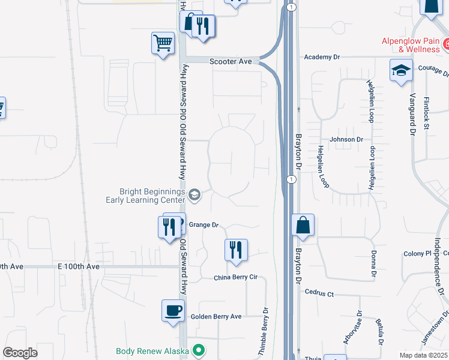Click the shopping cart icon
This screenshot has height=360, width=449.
(163, 43)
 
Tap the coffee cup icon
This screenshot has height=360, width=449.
(173, 311)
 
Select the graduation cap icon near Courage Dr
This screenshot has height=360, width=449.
(401, 71)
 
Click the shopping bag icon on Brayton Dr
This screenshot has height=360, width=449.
(303, 226)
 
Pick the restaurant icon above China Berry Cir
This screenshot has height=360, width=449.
(236, 250)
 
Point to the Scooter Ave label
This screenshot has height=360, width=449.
(231, 61)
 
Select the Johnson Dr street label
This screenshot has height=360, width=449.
(347, 140)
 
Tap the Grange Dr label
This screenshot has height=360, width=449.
(203, 225)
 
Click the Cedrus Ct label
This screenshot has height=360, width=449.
(319, 294)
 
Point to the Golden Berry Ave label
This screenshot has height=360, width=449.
(215, 316)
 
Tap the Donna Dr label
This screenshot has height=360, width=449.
(373, 264)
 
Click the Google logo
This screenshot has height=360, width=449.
(20, 353)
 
